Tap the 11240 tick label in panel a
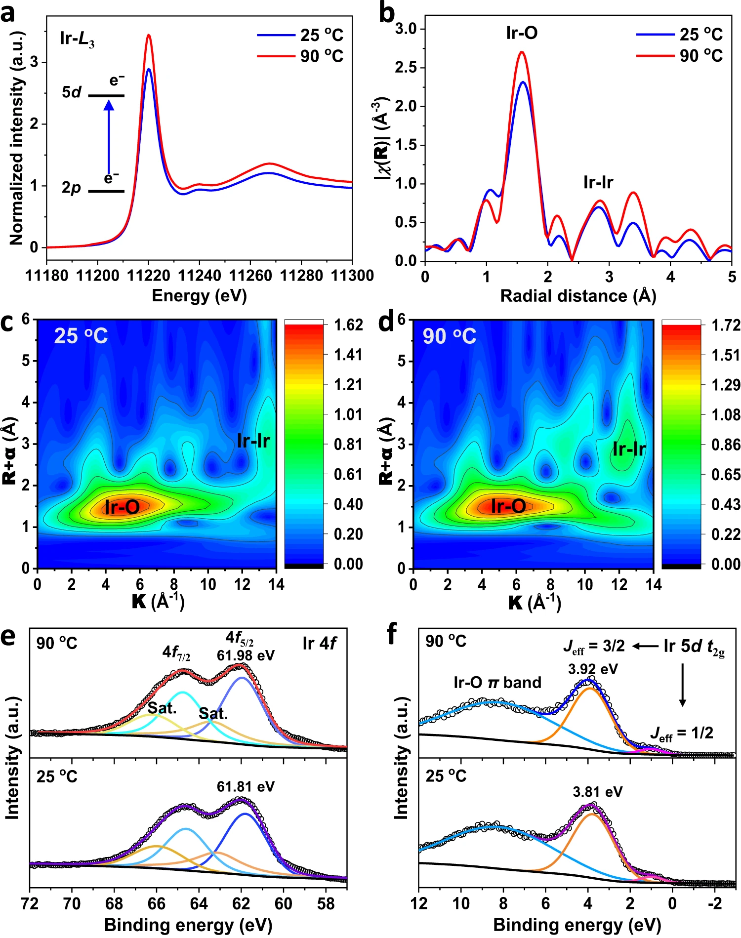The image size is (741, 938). point(200,276)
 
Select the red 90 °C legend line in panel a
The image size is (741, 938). point(275,56)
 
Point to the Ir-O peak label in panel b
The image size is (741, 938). point(522,33)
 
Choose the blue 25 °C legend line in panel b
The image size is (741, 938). point(655,35)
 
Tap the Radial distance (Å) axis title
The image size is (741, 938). point(578,296)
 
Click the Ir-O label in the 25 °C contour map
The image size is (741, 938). point(122,507)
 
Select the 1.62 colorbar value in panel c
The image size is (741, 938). point(348,325)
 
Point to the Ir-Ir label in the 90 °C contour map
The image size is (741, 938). point(629,449)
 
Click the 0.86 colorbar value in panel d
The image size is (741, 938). point(726,445)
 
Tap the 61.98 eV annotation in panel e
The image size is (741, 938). point(246,655)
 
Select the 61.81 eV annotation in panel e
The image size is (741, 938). point(246,787)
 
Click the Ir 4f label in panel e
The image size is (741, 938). point(320,644)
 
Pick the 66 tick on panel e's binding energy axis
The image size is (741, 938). point(157,903)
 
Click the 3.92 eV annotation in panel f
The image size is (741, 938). point(593,669)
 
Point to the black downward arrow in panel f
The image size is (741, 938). point(683,685)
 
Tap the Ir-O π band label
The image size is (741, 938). point(497,683)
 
